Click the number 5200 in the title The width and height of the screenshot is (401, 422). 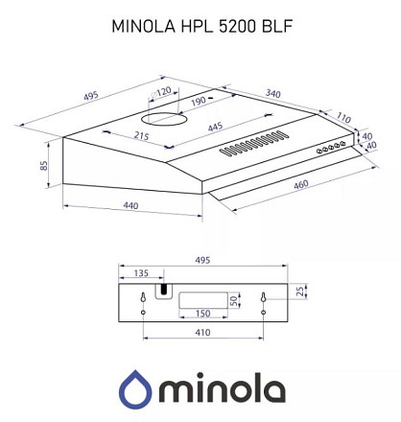(x=238, y=26)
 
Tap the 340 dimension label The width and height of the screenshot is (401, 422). (x=273, y=94)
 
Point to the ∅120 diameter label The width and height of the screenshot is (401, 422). (x=160, y=92)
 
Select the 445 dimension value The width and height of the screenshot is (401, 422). (x=215, y=127)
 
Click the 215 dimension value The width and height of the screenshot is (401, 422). (x=141, y=136)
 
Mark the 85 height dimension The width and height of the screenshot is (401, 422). (x=43, y=165)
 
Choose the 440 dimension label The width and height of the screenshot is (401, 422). (x=130, y=205)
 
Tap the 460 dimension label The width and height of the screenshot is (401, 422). (x=300, y=184)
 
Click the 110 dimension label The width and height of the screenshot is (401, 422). (x=343, y=118)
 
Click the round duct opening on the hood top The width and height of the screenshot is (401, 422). (x=164, y=119)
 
